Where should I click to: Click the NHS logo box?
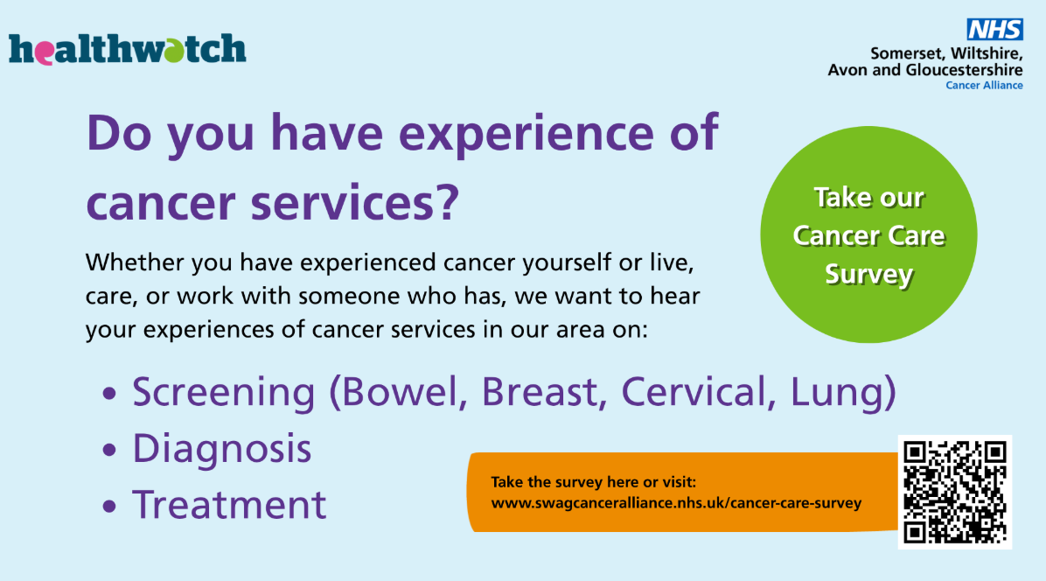[x=994, y=30]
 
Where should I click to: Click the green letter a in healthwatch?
[x=173, y=51]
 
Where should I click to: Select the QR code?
[x=955, y=493]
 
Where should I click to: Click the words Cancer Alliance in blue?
[x=984, y=86]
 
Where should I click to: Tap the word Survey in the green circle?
[x=868, y=274]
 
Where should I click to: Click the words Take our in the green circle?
[x=868, y=198]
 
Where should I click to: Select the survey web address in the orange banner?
[x=676, y=503]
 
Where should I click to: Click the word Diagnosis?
[x=222, y=448]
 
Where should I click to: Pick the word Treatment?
[x=229, y=504]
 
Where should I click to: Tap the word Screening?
[x=224, y=392]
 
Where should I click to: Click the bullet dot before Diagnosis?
[x=109, y=451]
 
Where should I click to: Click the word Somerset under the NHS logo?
[x=907, y=53]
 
